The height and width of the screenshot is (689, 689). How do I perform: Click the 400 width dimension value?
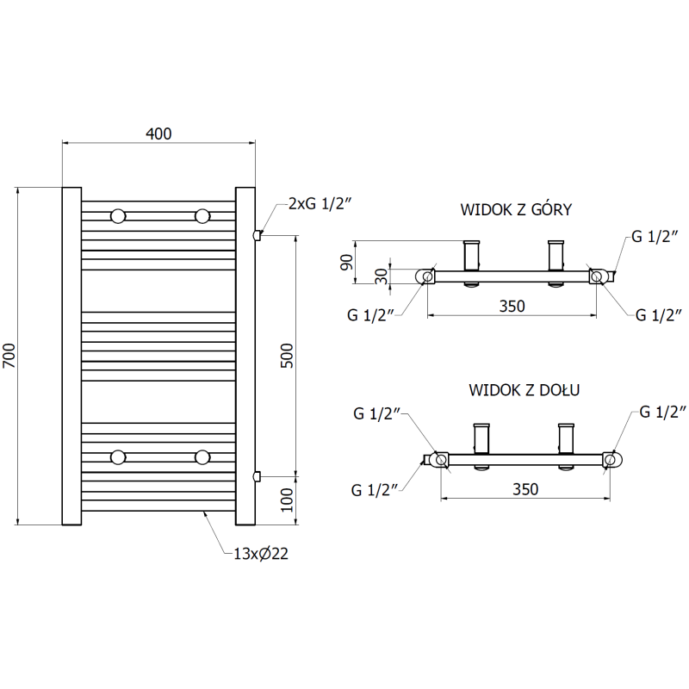coord(159,133)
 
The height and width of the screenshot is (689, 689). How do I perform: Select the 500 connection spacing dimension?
coord(288,355)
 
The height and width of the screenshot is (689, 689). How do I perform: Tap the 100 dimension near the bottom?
coord(288,499)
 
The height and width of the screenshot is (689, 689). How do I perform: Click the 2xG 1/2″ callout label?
coord(320,203)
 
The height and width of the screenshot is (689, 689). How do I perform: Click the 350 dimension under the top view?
coord(512,306)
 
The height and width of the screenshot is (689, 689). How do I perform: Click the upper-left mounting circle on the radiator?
coord(118,215)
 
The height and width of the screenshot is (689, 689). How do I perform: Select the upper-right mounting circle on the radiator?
coord(202,215)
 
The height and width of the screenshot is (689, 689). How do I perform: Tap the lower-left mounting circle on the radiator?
coord(118,456)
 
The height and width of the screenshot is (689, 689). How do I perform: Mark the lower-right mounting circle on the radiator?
coord(202,456)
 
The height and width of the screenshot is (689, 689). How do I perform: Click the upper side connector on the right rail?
coord(256,234)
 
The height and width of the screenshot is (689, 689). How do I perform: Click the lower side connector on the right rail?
coord(256,475)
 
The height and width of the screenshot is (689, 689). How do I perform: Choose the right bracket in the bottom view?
coord(567,438)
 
